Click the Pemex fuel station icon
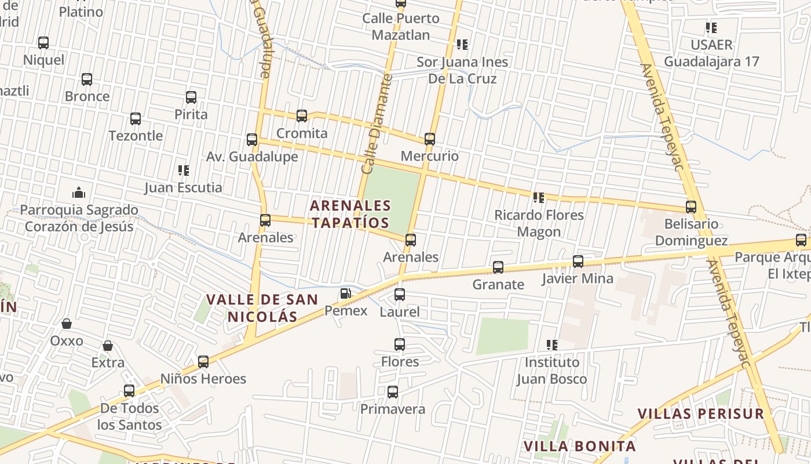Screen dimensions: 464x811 pyautogui.click(x=346, y=293)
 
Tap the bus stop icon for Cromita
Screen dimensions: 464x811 pyautogui.click(x=302, y=116)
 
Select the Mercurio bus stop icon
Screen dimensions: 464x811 pyautogui.click(x=430, y=139)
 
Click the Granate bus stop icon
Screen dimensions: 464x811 pyautogui.click(x=498, y=267)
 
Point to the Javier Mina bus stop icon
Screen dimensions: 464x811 pyautogui.click(x=578, y=262)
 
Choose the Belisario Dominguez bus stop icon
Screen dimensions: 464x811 pyautogui.click(x=691, y=207)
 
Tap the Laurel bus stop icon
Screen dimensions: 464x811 pyautogui.click(x=400, y=295)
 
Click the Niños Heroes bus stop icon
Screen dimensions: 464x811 pyautogui.click(x=203, y=362)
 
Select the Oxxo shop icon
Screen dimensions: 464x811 pyautogui.click(x=67, y=324)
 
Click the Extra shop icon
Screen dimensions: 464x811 pyautogui.click(x=108, y=346)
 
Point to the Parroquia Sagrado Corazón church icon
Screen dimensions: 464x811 pyautogui.click(x=79, y=193)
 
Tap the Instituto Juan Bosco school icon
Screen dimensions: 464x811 pyautogui.click(x=552, y=345)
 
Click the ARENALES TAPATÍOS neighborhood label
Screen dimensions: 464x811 pyautogui.click(x=350, y=214)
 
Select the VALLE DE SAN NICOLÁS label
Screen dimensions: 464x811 pyautogui.click(x=262, y=308)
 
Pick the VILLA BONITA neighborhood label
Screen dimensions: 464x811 pyautogui.click(x=580, y=446)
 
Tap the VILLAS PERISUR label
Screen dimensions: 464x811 pyautogui.click(x=701, y=414)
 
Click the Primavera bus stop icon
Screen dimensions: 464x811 pyautogui.click(x=393, y=392)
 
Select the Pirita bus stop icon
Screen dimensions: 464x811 pyautogui.click(x=191, y=97)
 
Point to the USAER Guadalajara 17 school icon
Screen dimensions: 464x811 pyautogui.click(x=711, y=28)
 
